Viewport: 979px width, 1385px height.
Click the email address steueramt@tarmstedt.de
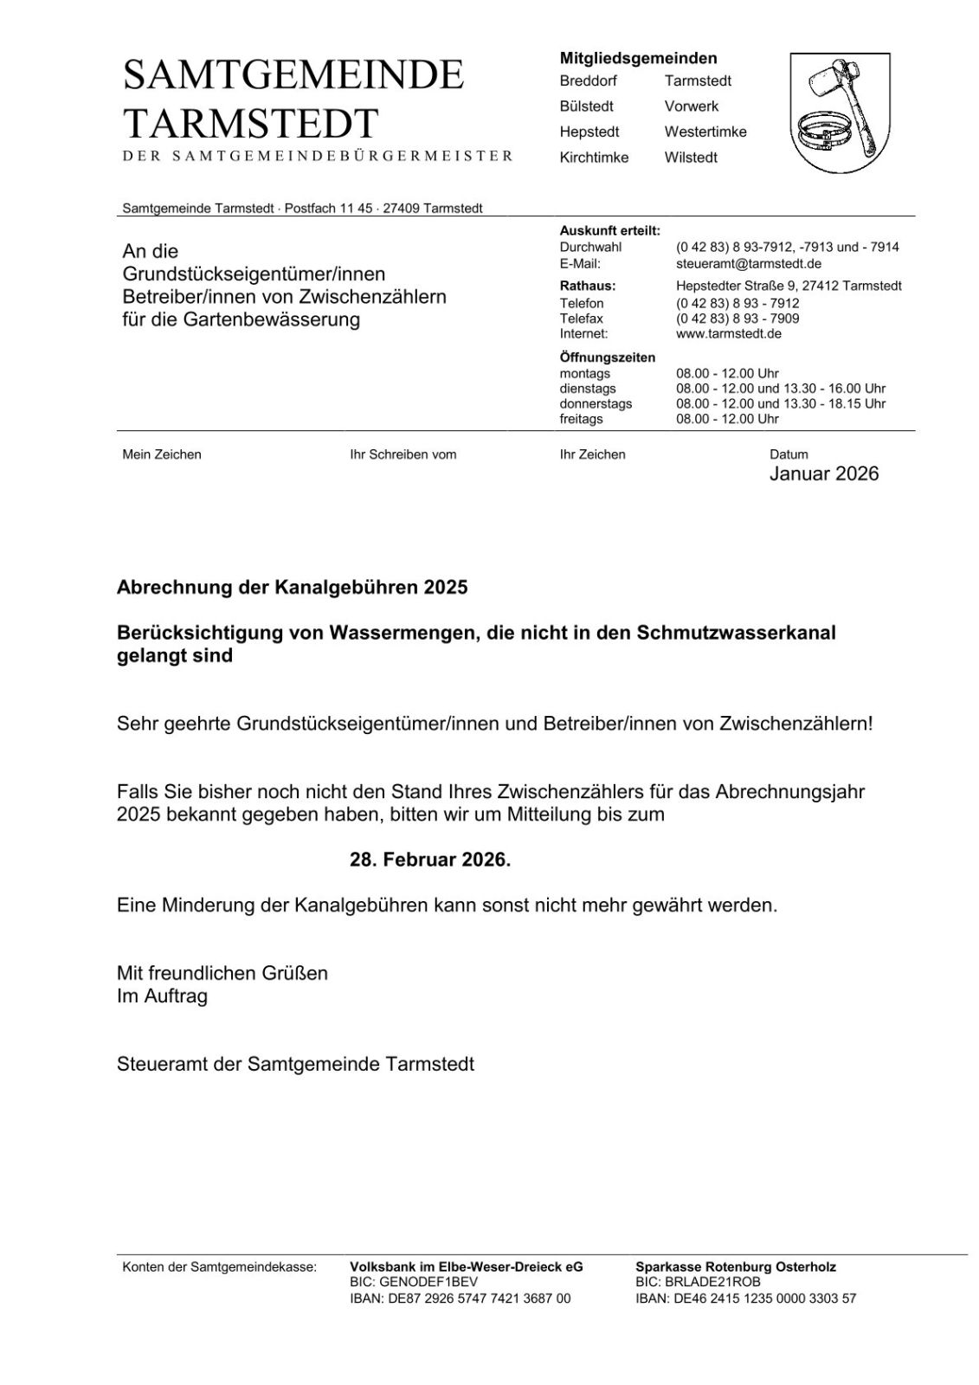point(748,263)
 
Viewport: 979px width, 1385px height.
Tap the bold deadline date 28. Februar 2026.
point(430,860)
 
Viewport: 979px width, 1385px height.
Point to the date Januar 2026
point(823,473)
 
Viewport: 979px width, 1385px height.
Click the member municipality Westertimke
point(705,132)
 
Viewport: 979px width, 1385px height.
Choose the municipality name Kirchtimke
point(594,158)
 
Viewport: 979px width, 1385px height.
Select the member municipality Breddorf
point(588,81)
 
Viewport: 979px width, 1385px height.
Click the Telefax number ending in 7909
point(737,319)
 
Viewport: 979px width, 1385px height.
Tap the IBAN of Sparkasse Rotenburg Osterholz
point(745,1298)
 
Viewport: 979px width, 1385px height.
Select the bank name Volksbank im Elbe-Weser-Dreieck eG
point(466,1266)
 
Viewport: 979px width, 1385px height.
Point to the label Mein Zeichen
point(162,454)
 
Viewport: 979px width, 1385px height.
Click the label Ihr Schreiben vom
point(403,454)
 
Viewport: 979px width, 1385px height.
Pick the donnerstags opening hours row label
point(596,403)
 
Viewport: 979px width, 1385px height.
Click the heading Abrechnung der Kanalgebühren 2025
point(292,587)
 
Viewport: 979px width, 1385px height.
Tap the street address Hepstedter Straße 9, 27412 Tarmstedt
point(788,286)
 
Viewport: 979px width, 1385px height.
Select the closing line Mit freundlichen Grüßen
point(222,973)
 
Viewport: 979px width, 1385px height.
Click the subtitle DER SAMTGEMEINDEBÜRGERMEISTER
point(318,156)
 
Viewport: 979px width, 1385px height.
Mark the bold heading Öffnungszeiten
point(607,358)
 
